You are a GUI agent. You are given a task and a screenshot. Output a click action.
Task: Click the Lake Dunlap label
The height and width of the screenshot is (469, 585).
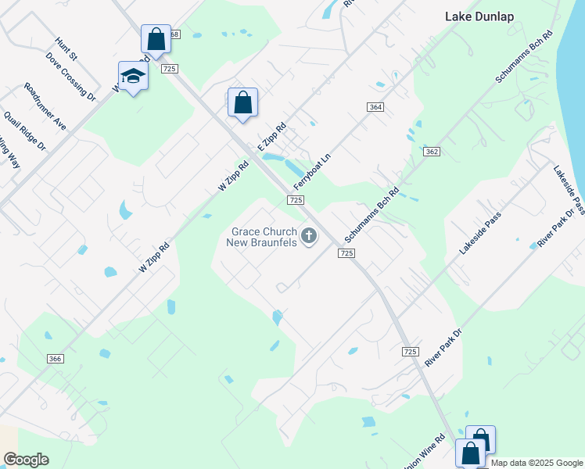click(478, 16)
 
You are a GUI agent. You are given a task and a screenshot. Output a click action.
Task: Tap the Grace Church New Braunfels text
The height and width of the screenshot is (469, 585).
click(263, 237)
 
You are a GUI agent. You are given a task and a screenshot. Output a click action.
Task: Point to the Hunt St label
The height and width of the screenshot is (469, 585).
click(66, 48)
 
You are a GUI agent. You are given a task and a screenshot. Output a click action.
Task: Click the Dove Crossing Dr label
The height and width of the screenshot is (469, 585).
click(70, 77)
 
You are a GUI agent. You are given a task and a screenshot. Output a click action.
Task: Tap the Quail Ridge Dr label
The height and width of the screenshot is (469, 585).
click(25, 131)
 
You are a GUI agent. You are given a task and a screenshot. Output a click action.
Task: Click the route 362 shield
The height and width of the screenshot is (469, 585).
click(432, 151)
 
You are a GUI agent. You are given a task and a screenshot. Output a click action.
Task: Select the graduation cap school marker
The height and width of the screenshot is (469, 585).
click(133, 76)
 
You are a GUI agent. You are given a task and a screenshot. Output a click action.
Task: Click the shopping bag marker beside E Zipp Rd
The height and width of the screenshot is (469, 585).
click(243, 102)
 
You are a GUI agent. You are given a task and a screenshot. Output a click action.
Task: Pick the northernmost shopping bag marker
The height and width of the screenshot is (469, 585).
click(156, 39)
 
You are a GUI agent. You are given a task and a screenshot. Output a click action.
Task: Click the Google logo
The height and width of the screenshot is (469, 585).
click(26, 460)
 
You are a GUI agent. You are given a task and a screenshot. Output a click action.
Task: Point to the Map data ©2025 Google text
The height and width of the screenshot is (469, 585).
click(537, 463)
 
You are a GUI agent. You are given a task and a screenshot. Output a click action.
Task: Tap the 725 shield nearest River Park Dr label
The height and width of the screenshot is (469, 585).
click(411, 353)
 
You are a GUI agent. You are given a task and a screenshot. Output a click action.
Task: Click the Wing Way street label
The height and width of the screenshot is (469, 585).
click(9, 153)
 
